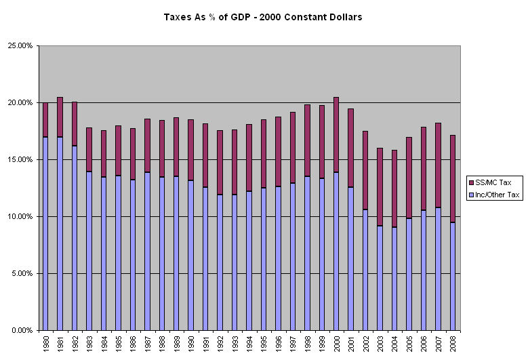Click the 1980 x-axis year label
coord(45,343)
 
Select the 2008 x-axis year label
coord(453,343)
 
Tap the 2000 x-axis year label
coord(336,343)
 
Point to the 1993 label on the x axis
coord(235,343)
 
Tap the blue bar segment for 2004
coord(394,279)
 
